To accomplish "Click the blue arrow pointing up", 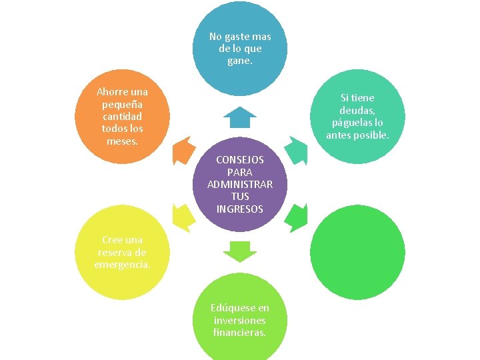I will [240, 118].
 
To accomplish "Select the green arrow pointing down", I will [240, 251].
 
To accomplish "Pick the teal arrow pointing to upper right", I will [297, 150].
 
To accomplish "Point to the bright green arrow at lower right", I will [297, 217].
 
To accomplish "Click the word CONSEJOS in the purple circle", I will [240, 160].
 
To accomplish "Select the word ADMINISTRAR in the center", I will [240, 185].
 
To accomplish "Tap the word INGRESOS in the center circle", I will [240, 209].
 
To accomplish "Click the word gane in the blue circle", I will [239, 61].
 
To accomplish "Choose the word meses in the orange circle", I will [122, 141].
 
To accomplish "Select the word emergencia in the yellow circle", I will [123, 265].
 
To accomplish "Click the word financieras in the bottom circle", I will [240, 332].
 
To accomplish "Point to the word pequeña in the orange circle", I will [123, 104].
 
